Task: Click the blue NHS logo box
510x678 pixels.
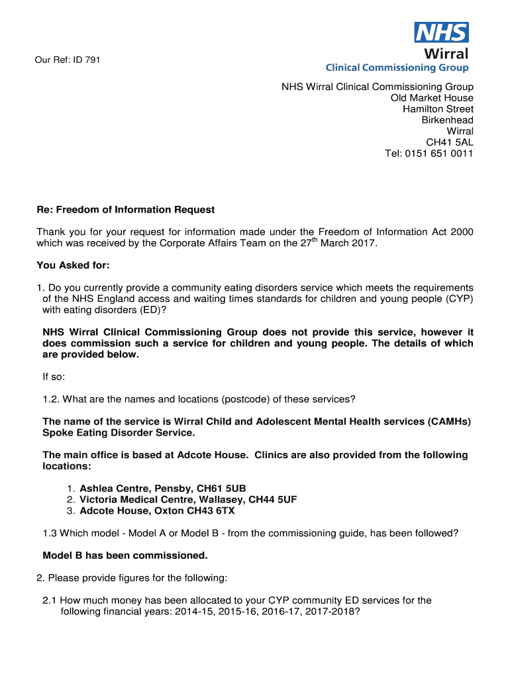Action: click(441, 32)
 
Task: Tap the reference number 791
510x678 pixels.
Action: click(92, 61)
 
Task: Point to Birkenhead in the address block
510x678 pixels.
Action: click(447, 120)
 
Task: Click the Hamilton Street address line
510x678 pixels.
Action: click(438, 109)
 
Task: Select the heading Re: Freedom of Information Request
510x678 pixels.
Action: click(126, 210)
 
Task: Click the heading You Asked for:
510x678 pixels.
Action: click(73, 266)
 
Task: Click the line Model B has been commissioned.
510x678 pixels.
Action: click(125, 555)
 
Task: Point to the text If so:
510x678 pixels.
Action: click(54, 377)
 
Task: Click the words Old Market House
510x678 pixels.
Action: click(432, 98)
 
